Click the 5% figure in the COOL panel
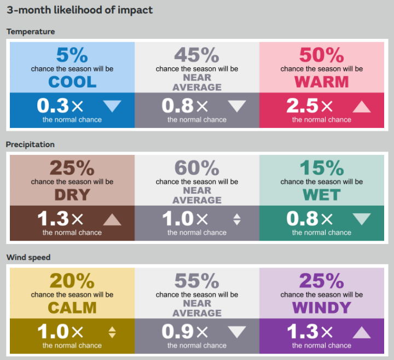72,55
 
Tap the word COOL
72,82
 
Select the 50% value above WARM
322,55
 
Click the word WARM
322,82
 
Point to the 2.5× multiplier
310,106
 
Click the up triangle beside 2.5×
362,106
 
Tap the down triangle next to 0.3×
112,106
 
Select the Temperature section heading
31,32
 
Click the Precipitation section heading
31,144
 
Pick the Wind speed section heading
28,257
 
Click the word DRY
72,195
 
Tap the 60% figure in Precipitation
197,168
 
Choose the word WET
322,195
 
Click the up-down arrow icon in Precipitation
237,219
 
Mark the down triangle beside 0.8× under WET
362,219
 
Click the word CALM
72,307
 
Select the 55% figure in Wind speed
197,281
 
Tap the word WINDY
322,307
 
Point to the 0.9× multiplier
185,332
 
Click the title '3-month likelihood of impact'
80,10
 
